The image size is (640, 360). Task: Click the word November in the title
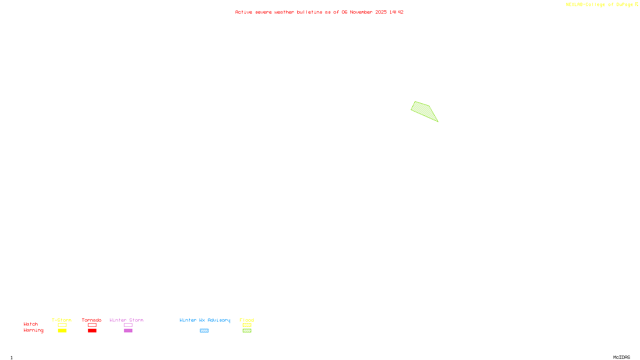coord(361,12)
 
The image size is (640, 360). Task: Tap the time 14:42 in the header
coord(396,12)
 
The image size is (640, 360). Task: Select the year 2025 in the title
coord(381,12)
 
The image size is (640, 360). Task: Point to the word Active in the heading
coord(244,12)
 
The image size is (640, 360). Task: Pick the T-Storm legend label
coord(62,320)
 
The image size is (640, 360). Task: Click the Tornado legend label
coord(92,320)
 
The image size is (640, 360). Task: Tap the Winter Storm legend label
coord(126,320)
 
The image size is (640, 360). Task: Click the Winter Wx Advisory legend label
coord(205,320)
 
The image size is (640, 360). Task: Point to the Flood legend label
coord(247,320)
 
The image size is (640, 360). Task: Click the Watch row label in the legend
coord(31,324)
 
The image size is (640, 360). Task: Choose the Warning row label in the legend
coord(33,330)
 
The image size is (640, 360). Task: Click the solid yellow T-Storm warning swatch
coord(62,331)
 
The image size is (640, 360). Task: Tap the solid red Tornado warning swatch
coord(92,331)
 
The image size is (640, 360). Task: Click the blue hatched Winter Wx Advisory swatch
coord(204,331)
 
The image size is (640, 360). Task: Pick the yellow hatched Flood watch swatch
coord(247,325)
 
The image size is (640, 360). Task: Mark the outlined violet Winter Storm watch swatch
coord(128,325)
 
